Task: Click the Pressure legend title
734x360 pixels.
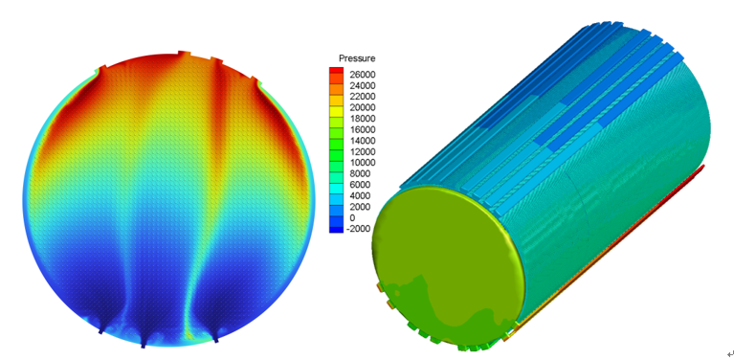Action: [x=357, y=58]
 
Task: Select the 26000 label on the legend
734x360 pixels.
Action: [x=364, y=75]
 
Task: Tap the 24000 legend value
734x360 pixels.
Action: [x=364, y=85]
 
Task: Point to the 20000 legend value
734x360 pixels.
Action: [x=364, y=107]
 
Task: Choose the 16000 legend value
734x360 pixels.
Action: [x=364, y=129]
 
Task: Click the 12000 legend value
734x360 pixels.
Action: [x=364, y=151]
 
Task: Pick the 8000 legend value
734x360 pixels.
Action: [x=361, y=173]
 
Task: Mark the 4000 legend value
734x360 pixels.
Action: [x=361, y=195]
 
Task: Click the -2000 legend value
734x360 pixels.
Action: [x=360, y=229]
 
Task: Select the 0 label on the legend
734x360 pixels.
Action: [x=353, y=217]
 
